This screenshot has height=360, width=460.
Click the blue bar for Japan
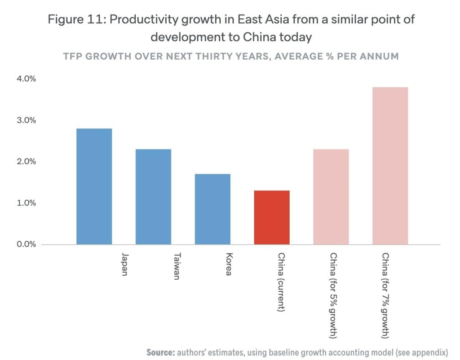tap(94, 186)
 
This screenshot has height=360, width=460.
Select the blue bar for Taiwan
tap(153, 197)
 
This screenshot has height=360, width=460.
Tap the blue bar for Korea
tap(212, 209)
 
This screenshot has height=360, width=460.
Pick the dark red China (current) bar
tap(272, 217)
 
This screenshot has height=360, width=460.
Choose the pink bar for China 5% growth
tap(331, 197)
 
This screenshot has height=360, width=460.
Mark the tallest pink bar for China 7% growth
tap(390, 166)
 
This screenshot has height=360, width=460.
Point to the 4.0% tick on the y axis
tap(26, 79)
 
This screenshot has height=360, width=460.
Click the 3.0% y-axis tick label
tap(26, 120)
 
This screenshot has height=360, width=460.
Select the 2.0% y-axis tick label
tap(26, 162)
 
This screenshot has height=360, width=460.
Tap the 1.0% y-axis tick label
tap(26, 203)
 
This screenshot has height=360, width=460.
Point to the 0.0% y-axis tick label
tap(26, 244)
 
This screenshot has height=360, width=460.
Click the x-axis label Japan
tap(124, 265)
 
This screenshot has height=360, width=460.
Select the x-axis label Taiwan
tap(177, 267)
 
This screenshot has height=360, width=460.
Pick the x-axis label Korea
tap(229, 264)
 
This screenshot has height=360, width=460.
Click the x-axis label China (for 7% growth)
tap(385, 295)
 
